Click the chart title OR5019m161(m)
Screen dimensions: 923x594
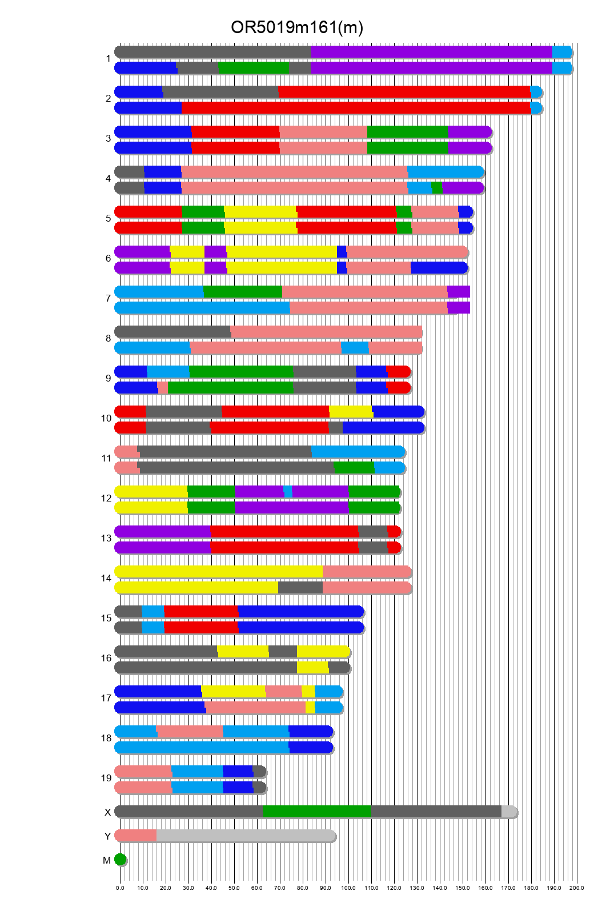[296, 27]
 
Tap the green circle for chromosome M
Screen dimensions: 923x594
[120, 860]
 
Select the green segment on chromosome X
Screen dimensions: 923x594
[316, 812]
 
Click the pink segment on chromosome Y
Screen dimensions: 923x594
[136, 836]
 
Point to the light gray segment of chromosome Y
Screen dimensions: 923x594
[246, 836]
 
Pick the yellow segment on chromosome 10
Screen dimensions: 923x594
[351, 412]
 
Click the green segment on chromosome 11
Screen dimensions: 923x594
[354, 468]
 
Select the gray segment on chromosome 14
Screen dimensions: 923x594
[300, 588]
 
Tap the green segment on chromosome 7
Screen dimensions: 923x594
[243, 292]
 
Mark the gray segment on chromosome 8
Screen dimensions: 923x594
[173, 332]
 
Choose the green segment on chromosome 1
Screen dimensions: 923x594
[254, 68]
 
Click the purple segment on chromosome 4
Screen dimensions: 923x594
[463, 188]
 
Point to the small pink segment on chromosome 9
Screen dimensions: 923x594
[163, 388]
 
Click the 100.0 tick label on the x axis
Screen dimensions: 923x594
[348, 888]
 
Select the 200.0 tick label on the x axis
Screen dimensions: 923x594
[576, 888]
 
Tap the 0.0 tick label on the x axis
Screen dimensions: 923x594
[120, 888]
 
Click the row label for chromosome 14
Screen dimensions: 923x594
[106, 579]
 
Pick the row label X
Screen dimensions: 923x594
[107, 812]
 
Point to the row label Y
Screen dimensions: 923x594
[107, 836]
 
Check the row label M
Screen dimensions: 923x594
[107, 860]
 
